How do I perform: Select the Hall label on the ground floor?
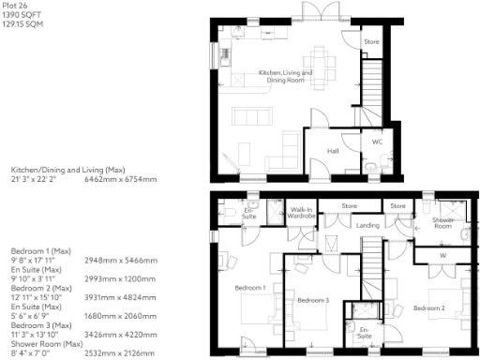coord(333,150)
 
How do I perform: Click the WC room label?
coord(377,142)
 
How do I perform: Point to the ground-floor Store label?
coord(371,42)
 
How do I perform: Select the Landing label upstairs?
coord(367,225)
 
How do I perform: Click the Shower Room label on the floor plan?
coord(443,222)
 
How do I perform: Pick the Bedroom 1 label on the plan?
coord(251,288)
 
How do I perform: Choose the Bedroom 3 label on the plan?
coord(312,300)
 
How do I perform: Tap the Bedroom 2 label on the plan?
coord(428,307)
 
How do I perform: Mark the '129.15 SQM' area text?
coord(21,25)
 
